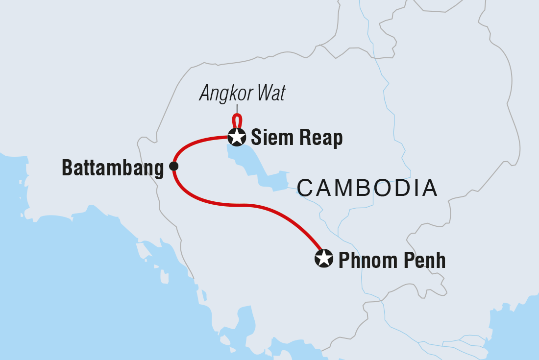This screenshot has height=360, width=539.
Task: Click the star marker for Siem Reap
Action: tap(237, 137)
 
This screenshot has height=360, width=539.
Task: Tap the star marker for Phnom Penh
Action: tap(323, 258)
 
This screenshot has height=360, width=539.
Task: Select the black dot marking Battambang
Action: tap(173, 167)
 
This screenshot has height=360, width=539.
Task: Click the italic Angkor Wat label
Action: tap(242, 94)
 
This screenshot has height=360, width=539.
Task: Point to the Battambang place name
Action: tap(113, 168)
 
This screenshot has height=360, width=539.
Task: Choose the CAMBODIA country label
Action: tap(367, 188)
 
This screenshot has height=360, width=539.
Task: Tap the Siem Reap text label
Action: tap(296, 139)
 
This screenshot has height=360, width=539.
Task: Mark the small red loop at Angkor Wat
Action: tap(237, 120)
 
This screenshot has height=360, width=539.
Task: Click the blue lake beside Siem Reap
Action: tap(245, 157)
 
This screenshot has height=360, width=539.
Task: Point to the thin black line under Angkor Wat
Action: tap(237, 109)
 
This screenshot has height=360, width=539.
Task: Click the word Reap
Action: tap(320, 139)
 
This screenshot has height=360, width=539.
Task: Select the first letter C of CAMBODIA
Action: tap(305, 188)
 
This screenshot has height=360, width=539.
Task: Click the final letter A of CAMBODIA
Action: tap(429, 188)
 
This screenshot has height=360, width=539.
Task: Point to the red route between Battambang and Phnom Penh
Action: tap(245, 205)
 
